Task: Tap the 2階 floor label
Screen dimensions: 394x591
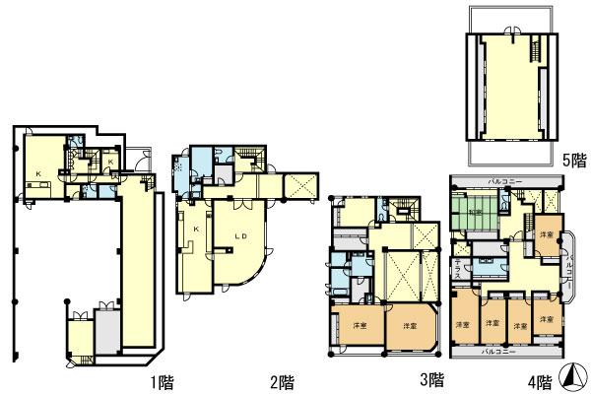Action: click(282, 379)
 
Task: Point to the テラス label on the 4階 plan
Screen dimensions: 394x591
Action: click(457, 266)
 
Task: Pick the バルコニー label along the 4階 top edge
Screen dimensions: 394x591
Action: click(508, 182)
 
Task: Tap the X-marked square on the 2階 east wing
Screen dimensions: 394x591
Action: click(300, 183)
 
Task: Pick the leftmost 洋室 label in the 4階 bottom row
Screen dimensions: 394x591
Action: click(461, 324)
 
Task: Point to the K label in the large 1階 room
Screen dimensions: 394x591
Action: click(38, 174)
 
